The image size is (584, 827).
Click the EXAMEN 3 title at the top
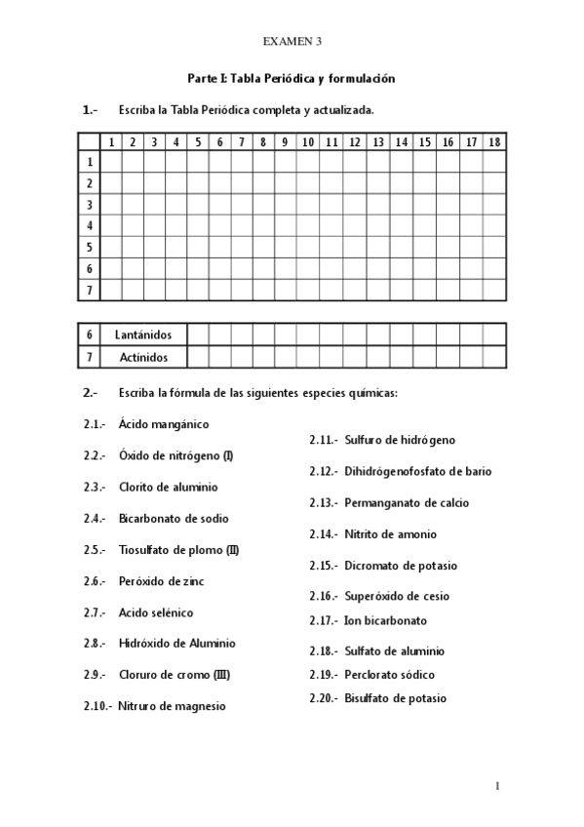(x=292, y=41)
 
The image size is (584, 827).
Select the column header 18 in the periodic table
(x=494, y=142)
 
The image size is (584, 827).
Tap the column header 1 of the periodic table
(x=112, y=142)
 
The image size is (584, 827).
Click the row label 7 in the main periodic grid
(x=89, y=290)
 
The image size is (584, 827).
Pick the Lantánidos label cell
(x=142, y=335)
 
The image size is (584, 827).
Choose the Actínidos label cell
(x=142, y=357)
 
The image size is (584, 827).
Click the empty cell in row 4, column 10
(x=307, y=225)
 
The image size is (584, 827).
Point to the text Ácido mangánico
(x=164, y=424)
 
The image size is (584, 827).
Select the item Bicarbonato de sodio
(x=174, y=518)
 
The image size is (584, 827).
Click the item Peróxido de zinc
(x=162, y=581)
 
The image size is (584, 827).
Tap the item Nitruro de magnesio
(x=172, y=706)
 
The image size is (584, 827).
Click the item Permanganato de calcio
(x=406, y=503)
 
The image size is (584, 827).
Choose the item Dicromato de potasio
(x=400, y=566)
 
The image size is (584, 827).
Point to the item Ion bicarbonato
(x=385, y=620)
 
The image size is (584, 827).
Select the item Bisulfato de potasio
(x=395, y=698)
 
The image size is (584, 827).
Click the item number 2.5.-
(x=95, y=550)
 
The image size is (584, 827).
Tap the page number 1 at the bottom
(x=496, y=785)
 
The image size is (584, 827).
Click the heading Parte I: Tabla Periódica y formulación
(x=292, y=78)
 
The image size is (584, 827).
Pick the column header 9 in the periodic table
(x=285, y=142)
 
